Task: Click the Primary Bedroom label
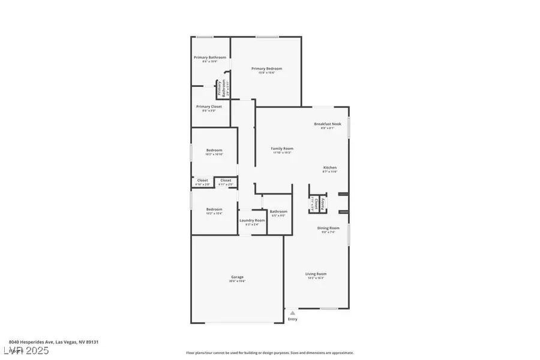tap(266, 68)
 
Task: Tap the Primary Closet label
tap(209, 106)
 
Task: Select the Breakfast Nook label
tap(328, 124)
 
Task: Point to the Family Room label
tap(282, 148)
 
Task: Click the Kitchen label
tap(330, 167)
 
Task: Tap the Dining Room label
tap(328, 227)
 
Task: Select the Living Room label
tap(316, 274)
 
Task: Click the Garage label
tap(237, 277)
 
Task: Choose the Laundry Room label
tap(252, 220)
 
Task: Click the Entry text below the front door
tap(292, 320)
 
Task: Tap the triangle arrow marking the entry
tap(292, 313)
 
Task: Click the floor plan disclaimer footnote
tap(269, 353)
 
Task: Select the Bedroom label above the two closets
tap(214, 150)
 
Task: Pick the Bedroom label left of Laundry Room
tap(214, 209)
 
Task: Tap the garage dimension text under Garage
tap(237, 281)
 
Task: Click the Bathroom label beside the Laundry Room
tap(278, 211)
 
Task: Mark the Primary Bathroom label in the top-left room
tap(210, 57)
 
